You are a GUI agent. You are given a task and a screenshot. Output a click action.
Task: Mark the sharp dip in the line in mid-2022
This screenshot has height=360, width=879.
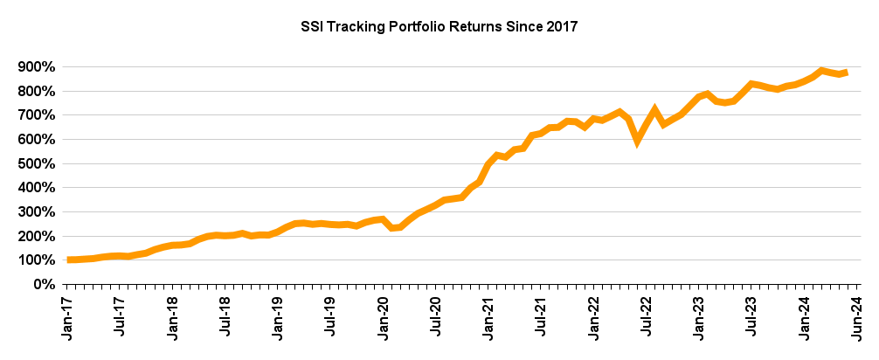tap(638, 139)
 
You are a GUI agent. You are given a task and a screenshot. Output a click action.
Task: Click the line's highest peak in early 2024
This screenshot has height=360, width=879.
tap(821, 70)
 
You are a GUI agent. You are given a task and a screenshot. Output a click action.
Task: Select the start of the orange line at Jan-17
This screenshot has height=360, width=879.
tap(69, 260)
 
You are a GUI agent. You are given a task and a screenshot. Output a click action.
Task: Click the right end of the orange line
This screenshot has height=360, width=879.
tap(847, 73)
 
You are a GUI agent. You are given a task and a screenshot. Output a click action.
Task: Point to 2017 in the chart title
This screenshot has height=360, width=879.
tap(563, 27)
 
